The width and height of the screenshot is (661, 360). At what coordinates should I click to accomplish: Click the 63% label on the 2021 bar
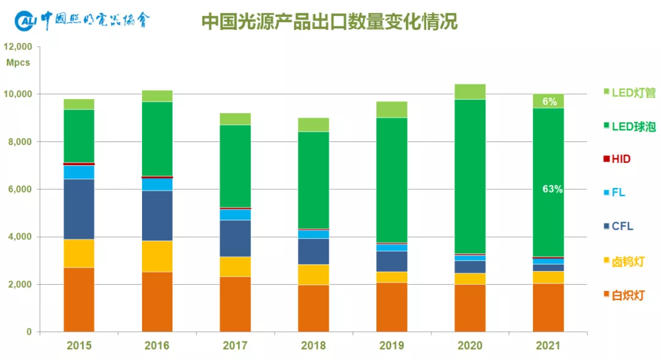pos(552,189)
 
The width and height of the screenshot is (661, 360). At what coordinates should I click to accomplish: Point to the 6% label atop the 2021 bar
pos(549,102)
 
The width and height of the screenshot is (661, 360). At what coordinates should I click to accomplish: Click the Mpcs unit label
pos(18,63)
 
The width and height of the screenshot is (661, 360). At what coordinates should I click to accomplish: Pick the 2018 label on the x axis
pos(313,346)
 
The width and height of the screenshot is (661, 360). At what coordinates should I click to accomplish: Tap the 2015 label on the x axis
pos(79,346)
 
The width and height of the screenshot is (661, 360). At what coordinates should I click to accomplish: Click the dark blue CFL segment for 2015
pos(79,209)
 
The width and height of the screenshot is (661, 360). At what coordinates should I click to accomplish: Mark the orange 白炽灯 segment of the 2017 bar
pos(235,304)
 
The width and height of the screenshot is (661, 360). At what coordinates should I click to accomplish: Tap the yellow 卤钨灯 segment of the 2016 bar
pos(157,256)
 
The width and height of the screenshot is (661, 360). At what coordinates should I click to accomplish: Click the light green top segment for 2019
pos(392,110)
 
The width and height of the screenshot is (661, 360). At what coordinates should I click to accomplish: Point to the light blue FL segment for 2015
pos(79,172)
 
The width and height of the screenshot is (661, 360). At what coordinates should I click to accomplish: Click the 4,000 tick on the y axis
pos(22,237)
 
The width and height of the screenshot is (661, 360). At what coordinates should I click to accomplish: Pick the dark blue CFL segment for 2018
pos(313,251)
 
